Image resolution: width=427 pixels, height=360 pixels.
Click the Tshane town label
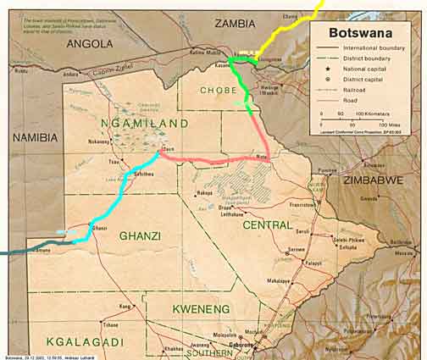tap(110, 325)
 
